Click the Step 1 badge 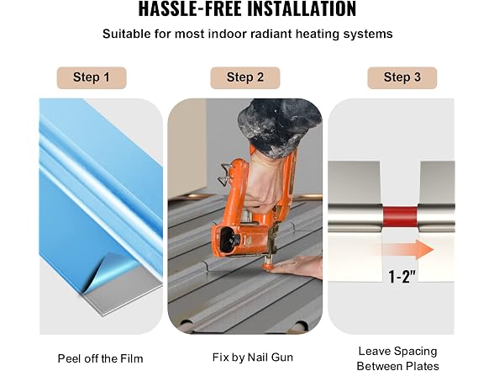92,77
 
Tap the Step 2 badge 245,77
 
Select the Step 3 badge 402,77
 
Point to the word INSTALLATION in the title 302,8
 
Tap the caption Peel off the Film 100,358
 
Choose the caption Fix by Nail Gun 253,358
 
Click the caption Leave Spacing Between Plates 397,358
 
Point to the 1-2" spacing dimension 402,277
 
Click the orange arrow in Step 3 408,249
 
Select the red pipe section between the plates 400,217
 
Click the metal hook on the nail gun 226,173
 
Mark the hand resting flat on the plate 297,268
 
